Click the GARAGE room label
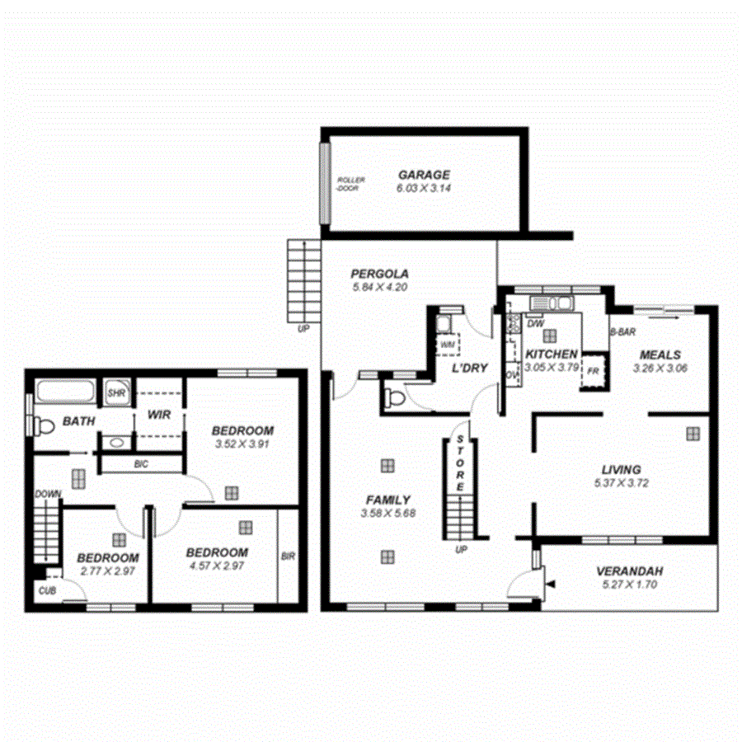[x=424, y=175]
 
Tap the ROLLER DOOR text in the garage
[x=350, y=184]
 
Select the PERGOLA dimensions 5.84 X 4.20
[x=379, y=288]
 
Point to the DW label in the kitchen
[x=533, y=323]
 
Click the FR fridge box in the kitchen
[x=593, y=370]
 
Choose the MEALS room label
[x=660, y=355]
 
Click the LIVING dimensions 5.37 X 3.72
[x=621, y=483]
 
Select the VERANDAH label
[x=630, y=571]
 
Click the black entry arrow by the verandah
[x=551, y=585]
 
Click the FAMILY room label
[x=388, y=500]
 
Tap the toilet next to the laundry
[x=394, y=399]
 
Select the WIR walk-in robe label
[x=159, y=415]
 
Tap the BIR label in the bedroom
[x=288, y=556]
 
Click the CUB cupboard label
[x=45, y=590]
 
